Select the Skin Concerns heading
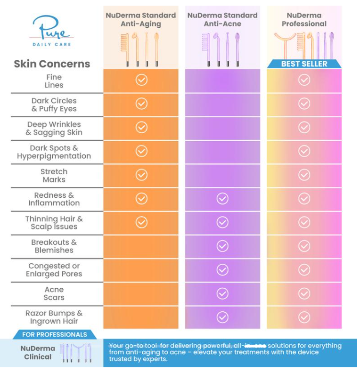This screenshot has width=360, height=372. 52,64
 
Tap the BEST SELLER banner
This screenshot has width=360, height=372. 304,64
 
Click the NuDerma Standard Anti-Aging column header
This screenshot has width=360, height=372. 141,19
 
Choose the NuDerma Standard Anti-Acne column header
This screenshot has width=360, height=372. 222,19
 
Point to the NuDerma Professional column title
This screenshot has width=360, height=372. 304,19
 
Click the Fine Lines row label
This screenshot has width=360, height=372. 54,81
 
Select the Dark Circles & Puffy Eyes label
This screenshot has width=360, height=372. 54,105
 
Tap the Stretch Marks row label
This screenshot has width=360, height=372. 54,176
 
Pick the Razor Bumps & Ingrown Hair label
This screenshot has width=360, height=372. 54,317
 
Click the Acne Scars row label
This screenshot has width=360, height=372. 54,293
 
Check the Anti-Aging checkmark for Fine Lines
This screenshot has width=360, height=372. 141,80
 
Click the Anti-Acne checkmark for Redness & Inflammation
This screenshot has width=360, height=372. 222,199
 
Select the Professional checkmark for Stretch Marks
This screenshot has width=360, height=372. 304,175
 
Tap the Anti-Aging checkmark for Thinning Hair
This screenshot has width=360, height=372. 141,222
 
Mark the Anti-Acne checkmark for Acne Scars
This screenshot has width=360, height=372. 222,293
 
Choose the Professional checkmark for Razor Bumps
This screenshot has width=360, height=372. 304,317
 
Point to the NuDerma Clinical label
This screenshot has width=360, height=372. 38,353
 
